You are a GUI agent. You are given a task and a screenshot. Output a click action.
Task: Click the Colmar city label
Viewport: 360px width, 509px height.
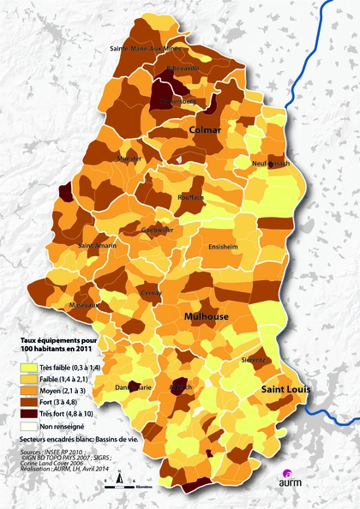tap(206, 130)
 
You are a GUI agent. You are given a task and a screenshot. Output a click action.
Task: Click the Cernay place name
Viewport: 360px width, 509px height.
tap(151, 292)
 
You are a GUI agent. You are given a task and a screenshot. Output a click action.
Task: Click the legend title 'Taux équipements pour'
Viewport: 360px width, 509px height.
tap(58, 340)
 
